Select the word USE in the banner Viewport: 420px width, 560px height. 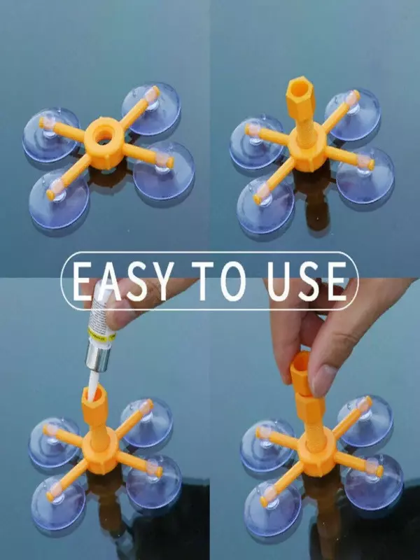click(x=307, y=281)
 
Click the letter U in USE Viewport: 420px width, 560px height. click(x=279, y=281)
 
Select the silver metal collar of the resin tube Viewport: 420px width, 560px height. click(x=97, y=358)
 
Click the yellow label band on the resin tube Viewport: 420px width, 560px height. click(x=101, y=335)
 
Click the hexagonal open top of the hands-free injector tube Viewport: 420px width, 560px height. click(x=300, y=85)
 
